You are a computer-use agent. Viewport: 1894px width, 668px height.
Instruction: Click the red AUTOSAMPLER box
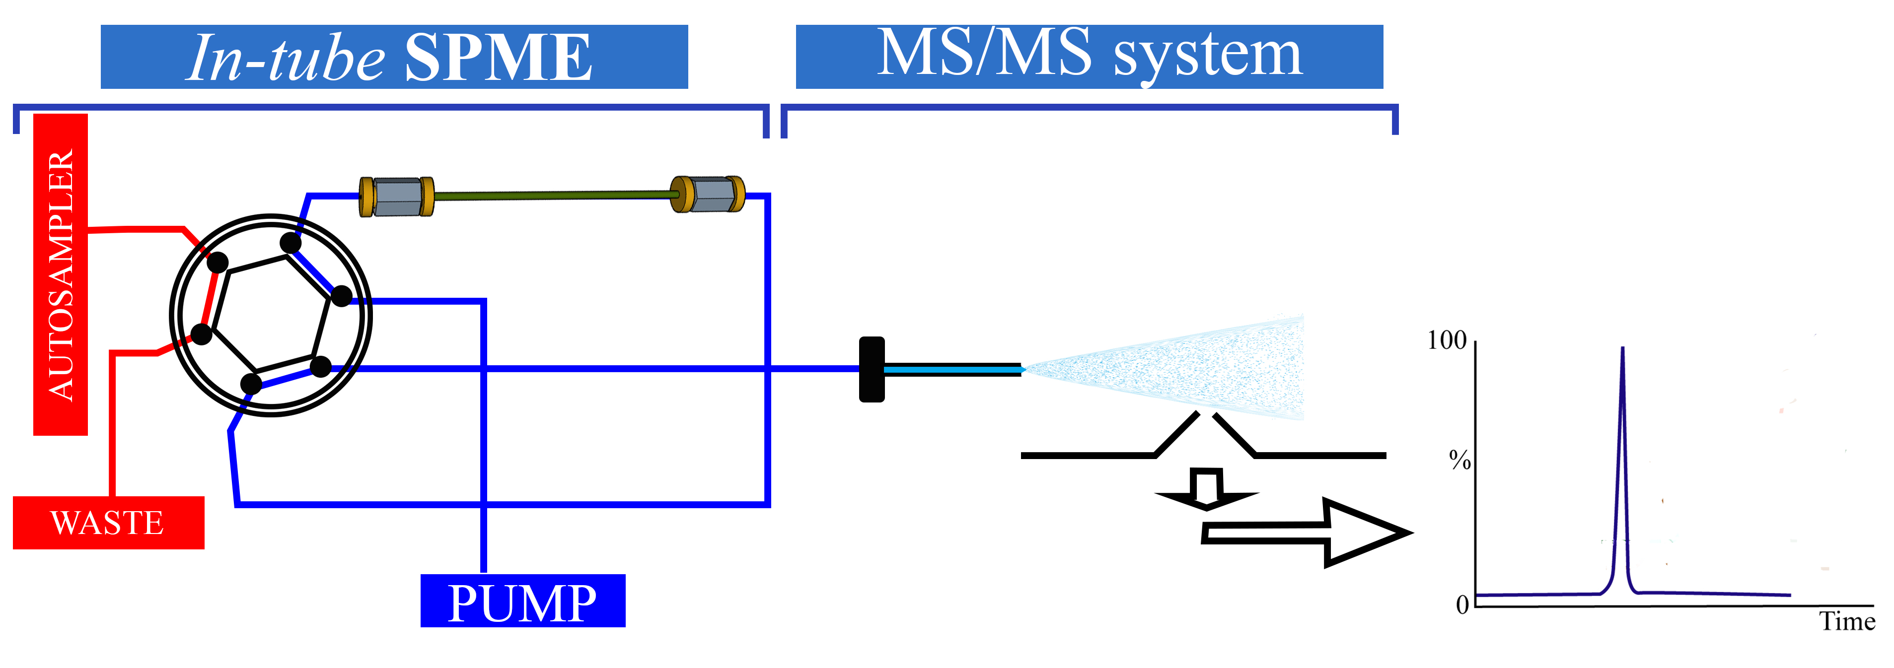60,274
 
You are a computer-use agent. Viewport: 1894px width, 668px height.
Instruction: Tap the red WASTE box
108,523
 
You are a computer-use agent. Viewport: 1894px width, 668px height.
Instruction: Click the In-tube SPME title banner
394,57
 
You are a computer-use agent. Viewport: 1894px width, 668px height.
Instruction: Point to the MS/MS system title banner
1089,57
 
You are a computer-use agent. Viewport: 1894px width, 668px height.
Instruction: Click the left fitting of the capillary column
396,196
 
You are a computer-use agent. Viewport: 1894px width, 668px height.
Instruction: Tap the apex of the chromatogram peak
1623,348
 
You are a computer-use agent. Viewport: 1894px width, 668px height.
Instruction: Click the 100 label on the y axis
1446,340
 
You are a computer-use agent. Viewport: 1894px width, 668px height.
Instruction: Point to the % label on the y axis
1459,461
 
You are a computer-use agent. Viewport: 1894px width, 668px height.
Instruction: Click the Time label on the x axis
1847,622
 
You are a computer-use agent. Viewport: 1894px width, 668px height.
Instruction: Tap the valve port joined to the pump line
341,296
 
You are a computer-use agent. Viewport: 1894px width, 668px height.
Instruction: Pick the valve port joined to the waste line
202,334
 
